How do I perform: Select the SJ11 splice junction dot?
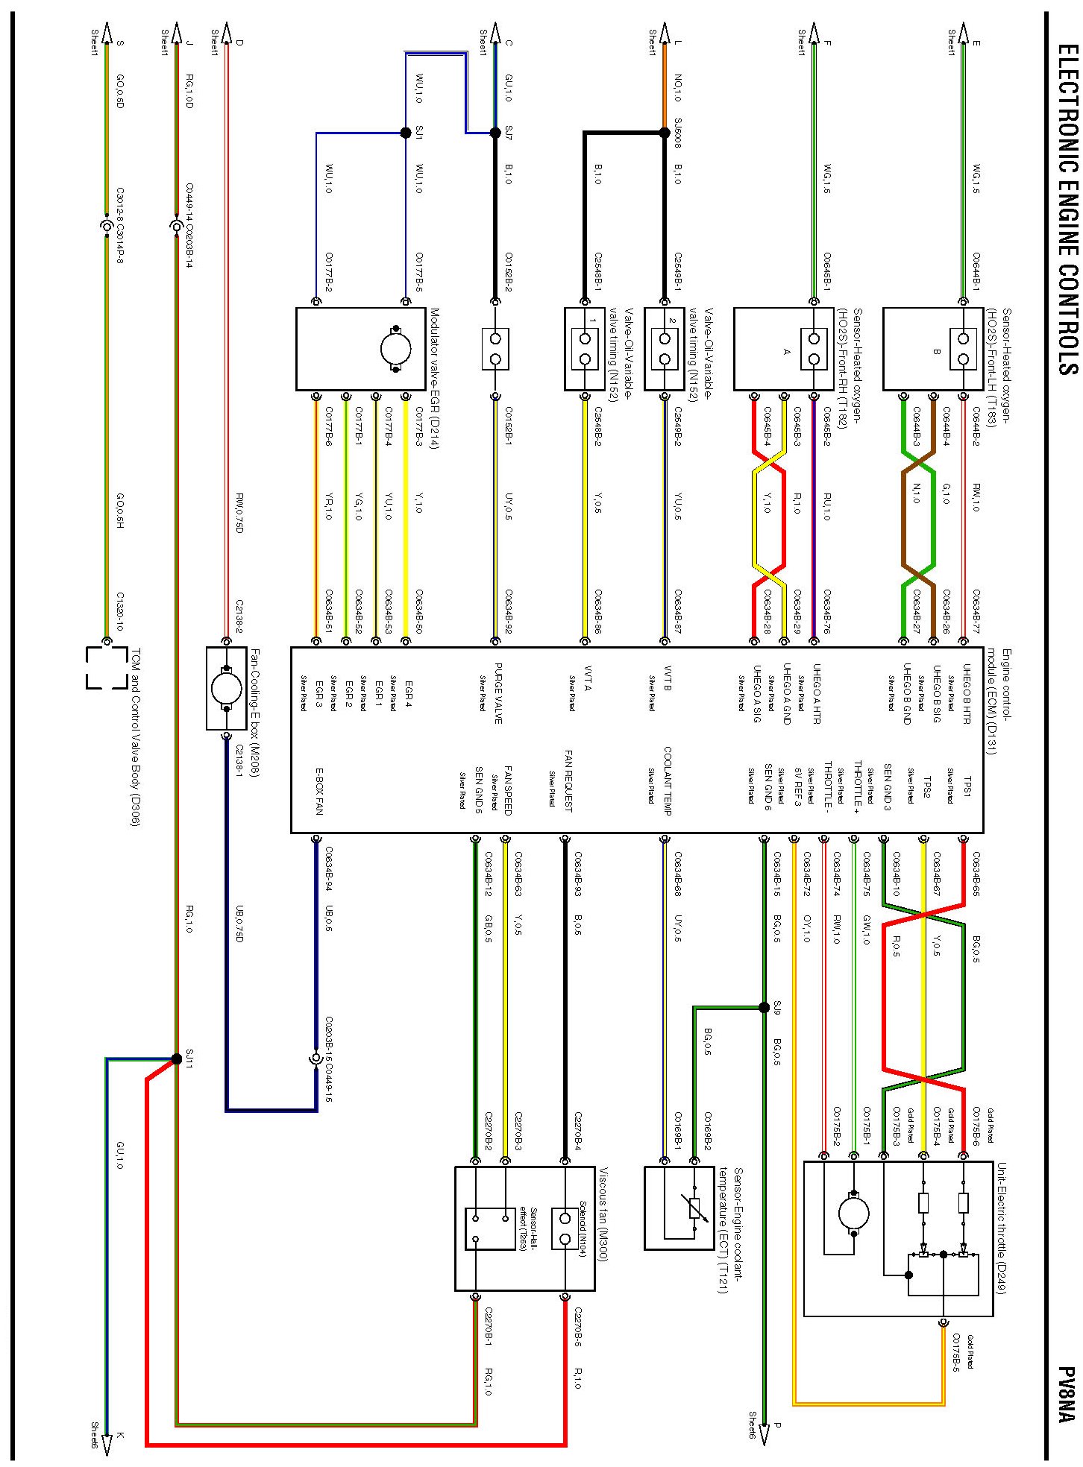click(177, 1059)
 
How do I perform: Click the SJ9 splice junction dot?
click(764, 1007)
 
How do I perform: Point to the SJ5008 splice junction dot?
click(665, 133)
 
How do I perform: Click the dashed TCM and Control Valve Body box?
click(107, 667)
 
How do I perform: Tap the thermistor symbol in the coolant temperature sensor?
click(695, 1208)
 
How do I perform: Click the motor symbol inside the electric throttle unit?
click(853, 1213)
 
